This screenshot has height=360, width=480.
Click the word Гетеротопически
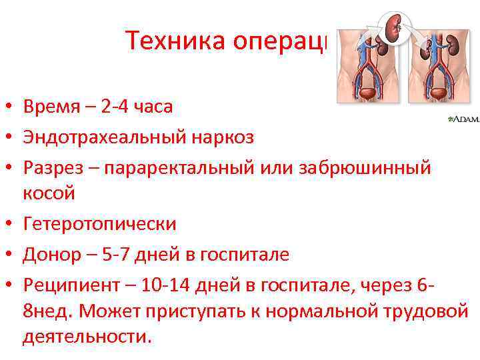100,223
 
